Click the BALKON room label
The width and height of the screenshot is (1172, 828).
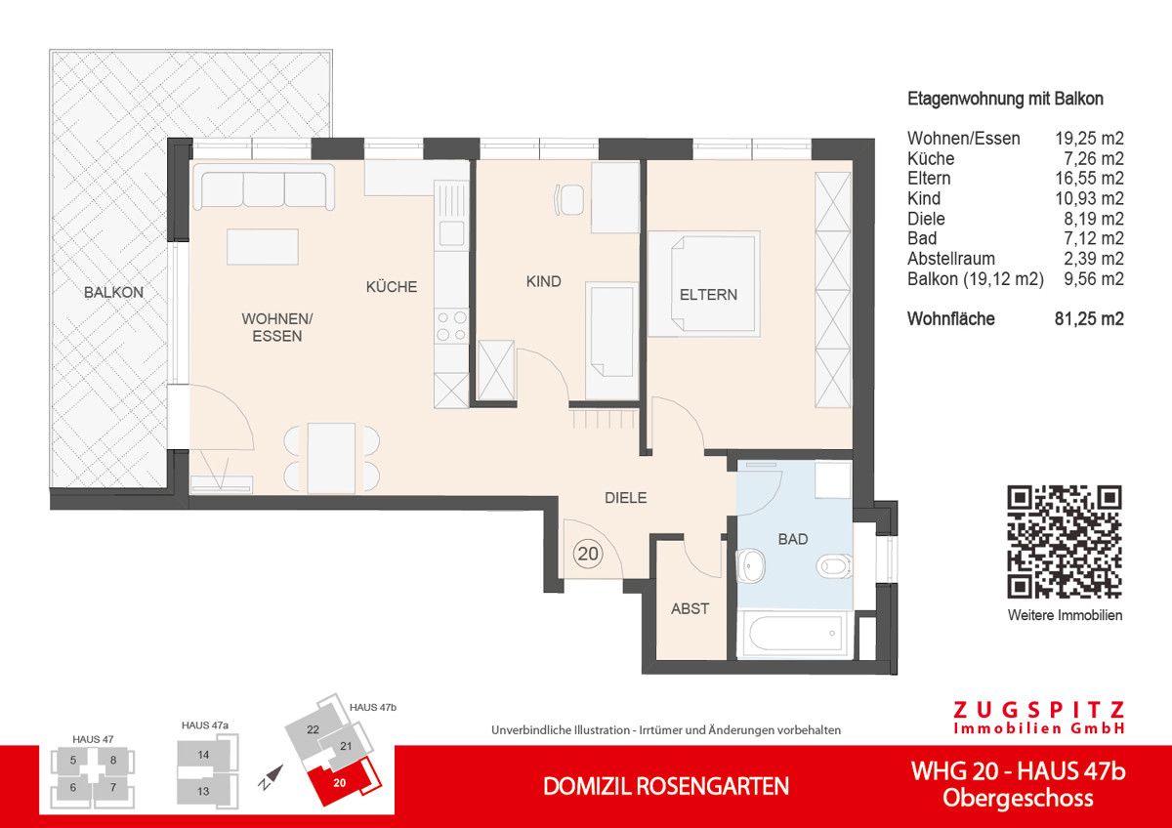pyautogui.click(x=113, y=292)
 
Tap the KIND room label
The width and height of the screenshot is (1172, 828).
pyautogui.click(x=543, y=282)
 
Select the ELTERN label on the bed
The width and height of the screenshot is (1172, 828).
pyautogui.click(x=708, y=294)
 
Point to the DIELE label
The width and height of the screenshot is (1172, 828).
pyautogui.click(x=626, y=497)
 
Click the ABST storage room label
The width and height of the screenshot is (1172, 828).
pyautogui.click(x=690, y=608)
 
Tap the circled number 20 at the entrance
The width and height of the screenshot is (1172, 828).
pyautogui.click(x=588, y=554)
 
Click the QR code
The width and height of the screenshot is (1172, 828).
pyautogui.click(x=1065, y=541)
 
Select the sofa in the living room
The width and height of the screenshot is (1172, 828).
pyautogui.click(x=264, y=187)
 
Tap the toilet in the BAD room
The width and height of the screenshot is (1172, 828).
pyautogui.click(x=836, y=564)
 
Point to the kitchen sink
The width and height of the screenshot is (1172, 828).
pyautogui.click(x=451, y=233)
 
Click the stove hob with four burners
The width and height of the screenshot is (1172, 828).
pyautogui.click(x=451, y=326)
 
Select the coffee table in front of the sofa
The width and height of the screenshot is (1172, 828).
pyautogui.click(x=263, y=246)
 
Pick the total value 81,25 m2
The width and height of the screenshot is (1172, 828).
pyautogui.click(x=1089, y=319)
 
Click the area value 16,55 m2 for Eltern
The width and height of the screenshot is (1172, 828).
pyautogui.click(x=1089, y=179)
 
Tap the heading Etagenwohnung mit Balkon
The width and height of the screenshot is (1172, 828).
pyautogui.click(x=1005, y=99)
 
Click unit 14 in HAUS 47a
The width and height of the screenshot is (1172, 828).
pyautogui.click(x=203, y=755)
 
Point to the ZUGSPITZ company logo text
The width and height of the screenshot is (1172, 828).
pyautogui.click(x=1038, y=710)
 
